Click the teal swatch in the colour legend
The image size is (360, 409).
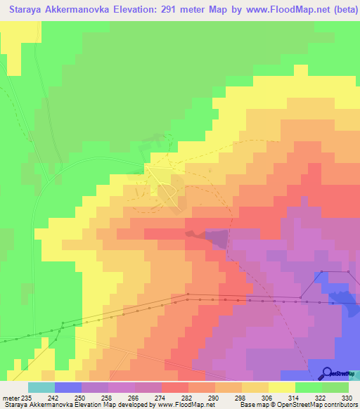tap(41, 387)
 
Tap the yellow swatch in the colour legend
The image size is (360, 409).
tap(282, 387)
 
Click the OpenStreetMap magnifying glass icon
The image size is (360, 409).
tap(326, 373)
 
